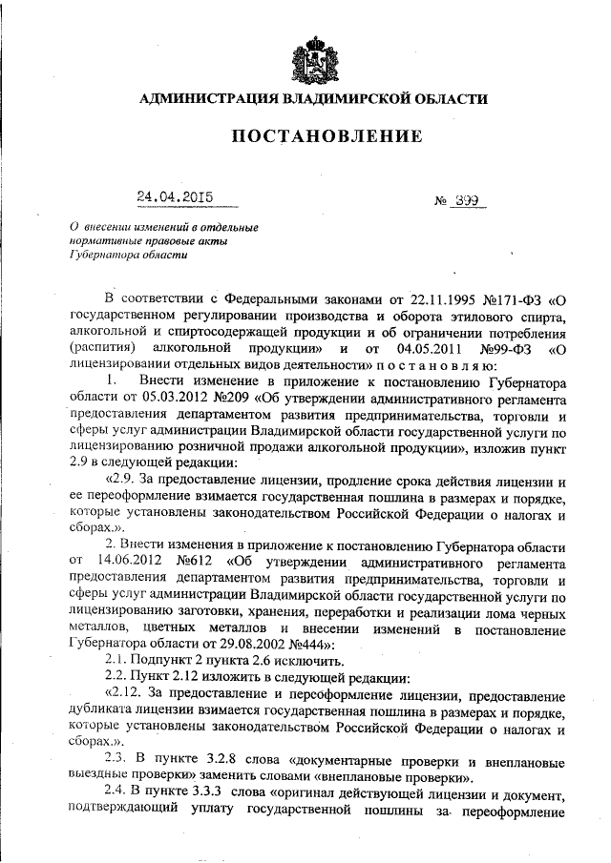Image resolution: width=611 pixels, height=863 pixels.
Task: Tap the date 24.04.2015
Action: tap(174, 198)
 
